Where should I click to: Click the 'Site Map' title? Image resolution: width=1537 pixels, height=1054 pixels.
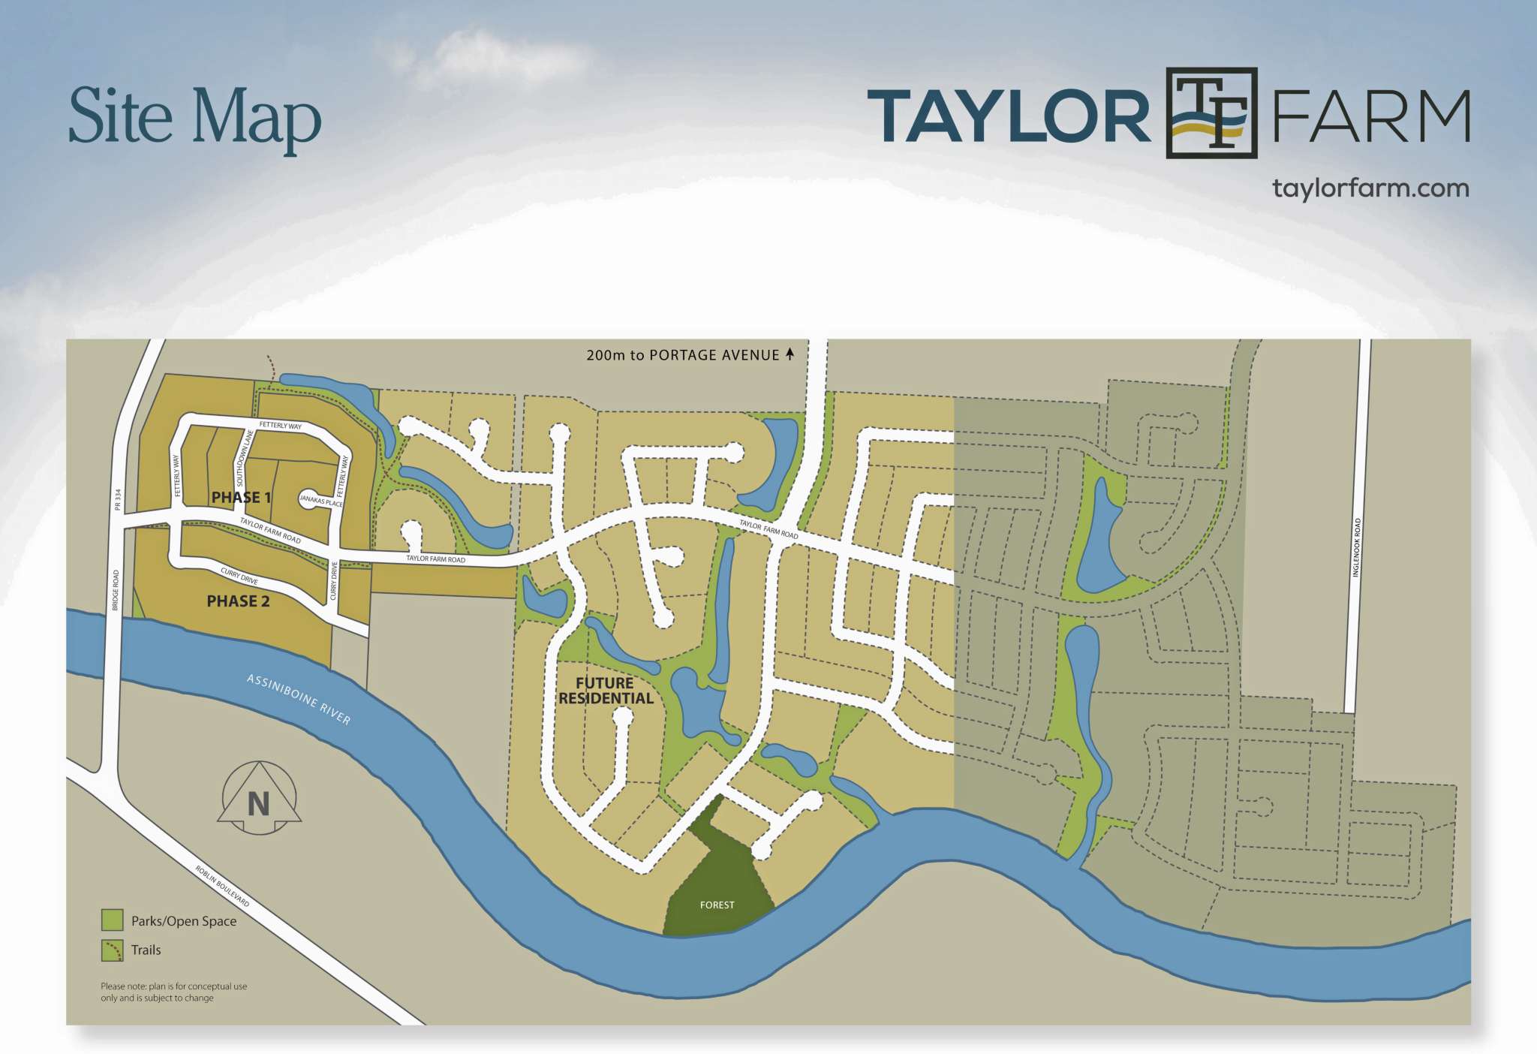194,117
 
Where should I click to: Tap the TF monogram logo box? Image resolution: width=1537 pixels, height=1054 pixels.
1211,113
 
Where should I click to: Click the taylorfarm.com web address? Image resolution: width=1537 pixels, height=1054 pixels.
1370,188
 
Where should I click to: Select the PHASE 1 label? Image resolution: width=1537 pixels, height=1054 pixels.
241,497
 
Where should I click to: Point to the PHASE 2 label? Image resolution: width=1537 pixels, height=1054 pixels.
238,601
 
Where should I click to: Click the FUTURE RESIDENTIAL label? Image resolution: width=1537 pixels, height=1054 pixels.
606,691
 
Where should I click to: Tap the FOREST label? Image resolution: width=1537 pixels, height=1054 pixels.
717,905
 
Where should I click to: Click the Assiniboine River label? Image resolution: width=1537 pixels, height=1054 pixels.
299,699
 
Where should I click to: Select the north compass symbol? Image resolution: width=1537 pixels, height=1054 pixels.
259,800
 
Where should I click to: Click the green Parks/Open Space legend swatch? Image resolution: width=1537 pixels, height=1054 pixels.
113,920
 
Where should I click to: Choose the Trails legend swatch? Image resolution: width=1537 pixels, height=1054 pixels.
113,950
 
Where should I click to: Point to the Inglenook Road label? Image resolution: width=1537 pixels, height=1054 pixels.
1356,547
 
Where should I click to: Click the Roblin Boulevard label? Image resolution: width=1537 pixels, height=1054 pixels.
222,885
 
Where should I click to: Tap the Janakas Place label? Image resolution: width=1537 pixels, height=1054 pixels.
321,500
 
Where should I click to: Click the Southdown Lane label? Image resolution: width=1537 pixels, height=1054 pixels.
242,459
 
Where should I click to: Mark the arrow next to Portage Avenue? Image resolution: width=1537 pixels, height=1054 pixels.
790,354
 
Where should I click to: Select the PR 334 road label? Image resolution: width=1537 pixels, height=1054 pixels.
117,501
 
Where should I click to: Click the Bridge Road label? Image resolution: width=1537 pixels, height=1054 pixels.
116,590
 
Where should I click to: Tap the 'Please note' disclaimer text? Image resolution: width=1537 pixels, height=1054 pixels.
173,992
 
